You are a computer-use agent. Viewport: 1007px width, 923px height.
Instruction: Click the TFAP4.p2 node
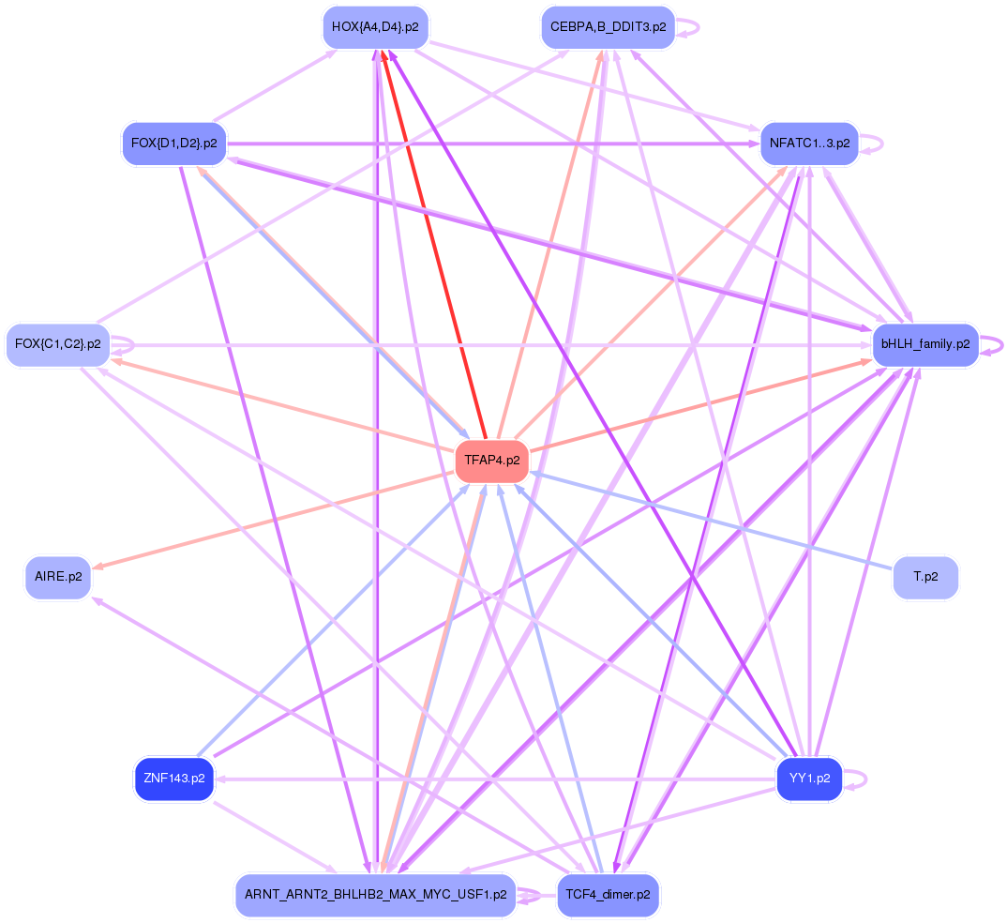[x=491, y=461]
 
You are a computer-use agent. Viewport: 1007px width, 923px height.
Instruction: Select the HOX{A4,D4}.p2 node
[x=375, y=27]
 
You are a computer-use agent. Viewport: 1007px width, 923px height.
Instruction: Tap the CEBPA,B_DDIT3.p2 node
[x=608, y=27]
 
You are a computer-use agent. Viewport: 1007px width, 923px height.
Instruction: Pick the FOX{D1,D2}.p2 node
[x=174, y=144]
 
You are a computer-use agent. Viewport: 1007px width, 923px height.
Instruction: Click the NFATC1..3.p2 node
[x=809, y=144]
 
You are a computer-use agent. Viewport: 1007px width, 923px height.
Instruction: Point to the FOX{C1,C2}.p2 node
[x=57, y=344]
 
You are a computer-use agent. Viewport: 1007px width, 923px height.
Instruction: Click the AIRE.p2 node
[x=57, y=576]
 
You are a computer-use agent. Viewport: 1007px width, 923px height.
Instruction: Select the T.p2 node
[x=925, y=576]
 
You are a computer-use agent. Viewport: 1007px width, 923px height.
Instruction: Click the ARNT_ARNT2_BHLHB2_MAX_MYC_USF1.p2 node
[x=375, y=895]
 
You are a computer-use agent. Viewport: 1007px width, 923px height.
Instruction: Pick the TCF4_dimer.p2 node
[x=608, y=895]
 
